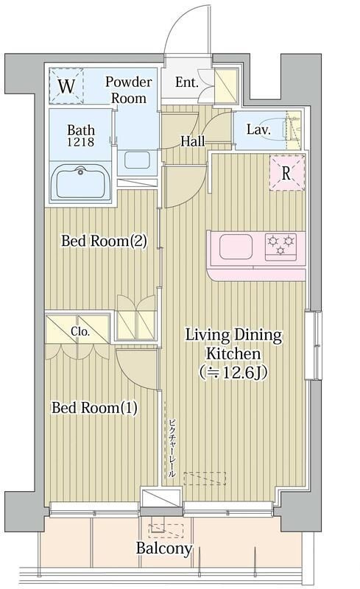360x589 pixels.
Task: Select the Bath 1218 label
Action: [x=81, y=135]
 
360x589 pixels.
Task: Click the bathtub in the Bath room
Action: [x=80, y=182]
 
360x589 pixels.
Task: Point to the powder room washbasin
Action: [x=137, y=160]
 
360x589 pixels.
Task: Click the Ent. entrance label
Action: [x=187, y=82]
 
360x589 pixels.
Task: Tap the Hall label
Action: [x=193, y=141]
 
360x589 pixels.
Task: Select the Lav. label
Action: [x=258, y=130]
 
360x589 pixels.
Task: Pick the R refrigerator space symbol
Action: [x=287, y=173]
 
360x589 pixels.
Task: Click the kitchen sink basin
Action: [x=236, y=247]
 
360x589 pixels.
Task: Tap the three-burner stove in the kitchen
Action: [x=280, y=247]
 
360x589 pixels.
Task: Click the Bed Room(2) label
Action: [x=104, y=241]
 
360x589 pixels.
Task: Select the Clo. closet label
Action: [x=80, y=332]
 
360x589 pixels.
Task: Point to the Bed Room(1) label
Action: [x=94, y=408]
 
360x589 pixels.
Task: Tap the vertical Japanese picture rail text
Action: [x=172, y=448]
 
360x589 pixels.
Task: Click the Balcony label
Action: [x=164, y=549]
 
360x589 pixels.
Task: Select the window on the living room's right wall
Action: [x=314, y=345]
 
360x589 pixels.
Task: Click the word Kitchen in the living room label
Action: [x=233, y=353]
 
